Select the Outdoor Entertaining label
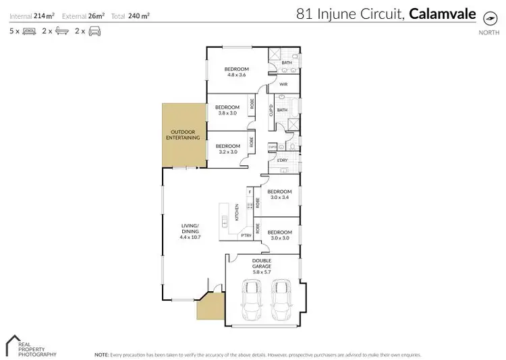184,134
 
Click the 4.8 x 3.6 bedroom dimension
237,75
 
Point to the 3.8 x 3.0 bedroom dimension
227,113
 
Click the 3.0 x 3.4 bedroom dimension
280,198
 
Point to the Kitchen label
237,213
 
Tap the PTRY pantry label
246,235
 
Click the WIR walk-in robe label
283,84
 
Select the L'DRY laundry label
283,159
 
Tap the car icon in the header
95,31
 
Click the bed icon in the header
28,31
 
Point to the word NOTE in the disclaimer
101,354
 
